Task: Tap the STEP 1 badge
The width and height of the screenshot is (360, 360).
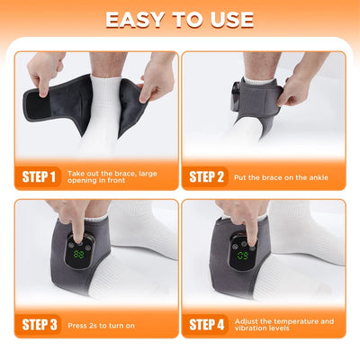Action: point(38,175)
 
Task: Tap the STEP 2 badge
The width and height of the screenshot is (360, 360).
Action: point(205,175)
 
